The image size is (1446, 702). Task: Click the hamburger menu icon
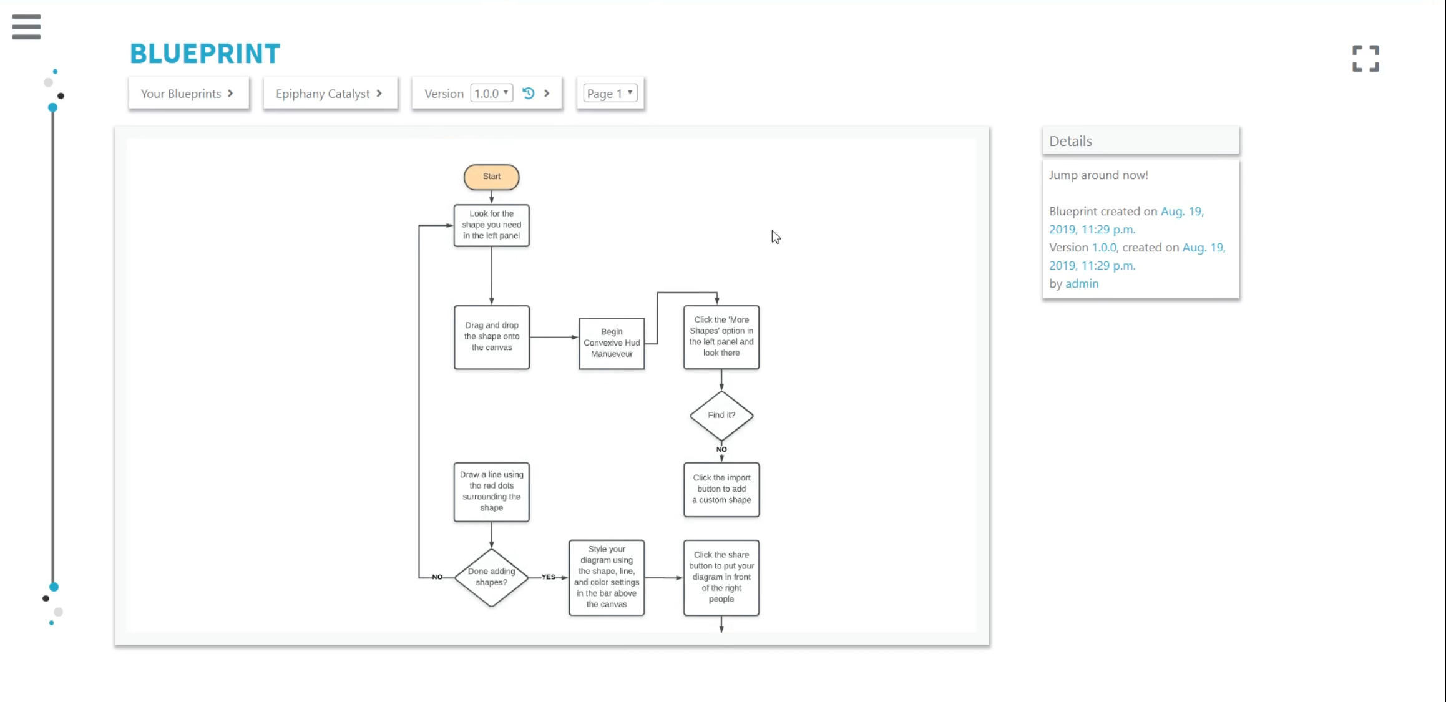coord(26,27)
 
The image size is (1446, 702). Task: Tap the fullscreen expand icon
coord(1365,59)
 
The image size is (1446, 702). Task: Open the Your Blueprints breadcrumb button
coord(188,94)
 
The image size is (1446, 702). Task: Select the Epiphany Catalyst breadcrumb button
coord(330,94)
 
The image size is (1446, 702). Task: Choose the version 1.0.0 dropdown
coord(492,93)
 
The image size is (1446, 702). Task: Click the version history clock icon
coord(529,93)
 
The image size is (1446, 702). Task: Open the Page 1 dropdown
coord(610,93)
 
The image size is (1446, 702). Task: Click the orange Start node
coord(492,177)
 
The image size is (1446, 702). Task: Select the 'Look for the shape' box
coord(492,225)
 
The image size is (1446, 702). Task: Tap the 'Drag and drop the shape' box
coord(492,337)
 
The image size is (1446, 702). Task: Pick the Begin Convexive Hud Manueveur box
coord(612,343)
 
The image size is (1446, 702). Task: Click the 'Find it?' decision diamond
coord(721,416)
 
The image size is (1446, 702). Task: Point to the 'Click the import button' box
coord(721,490)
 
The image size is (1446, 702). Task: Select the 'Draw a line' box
coord(492,492)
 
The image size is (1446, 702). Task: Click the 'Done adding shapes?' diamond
coord(492,577)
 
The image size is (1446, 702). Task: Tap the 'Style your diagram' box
coord(607,577)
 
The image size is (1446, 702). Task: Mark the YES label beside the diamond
coord(549,577)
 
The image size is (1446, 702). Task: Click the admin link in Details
coord(1082,283)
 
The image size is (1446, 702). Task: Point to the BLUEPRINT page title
coord(205,54)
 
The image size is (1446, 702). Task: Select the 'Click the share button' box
coord(721,577)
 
